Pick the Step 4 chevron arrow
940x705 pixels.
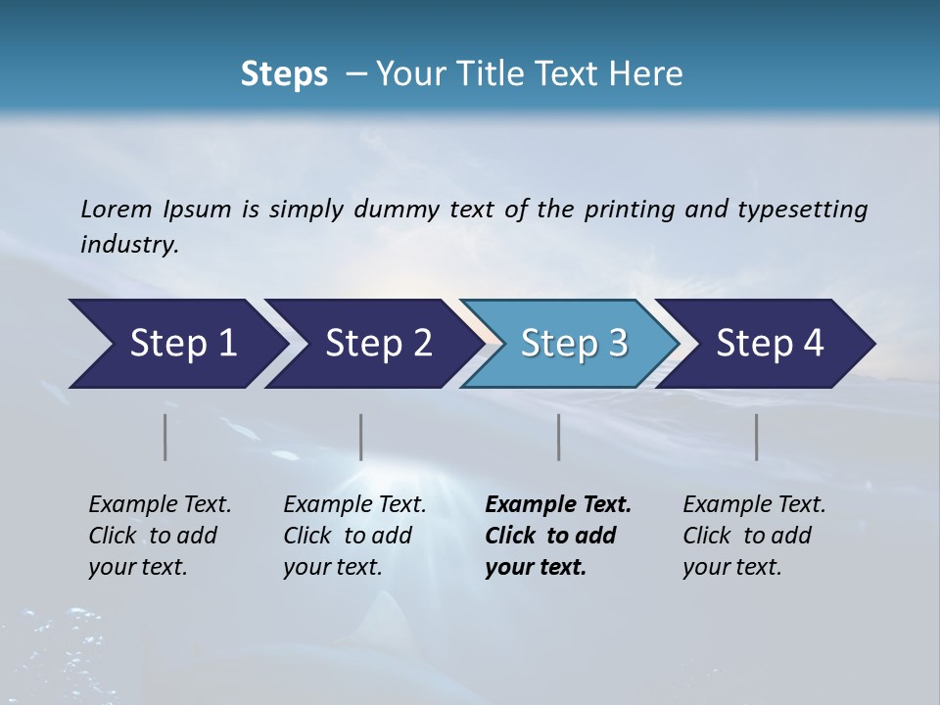[x=768, y=344]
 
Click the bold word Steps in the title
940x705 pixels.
[x=284, y=73]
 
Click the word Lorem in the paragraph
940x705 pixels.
[x=117, y=210]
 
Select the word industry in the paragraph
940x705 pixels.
[x=129, y=245]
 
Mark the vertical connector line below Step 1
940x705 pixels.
[x=165, y=437]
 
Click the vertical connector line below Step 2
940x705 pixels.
[x=361, y=437]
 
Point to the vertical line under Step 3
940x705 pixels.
[x=558, y=437]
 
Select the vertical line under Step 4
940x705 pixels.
[x=756, y=437]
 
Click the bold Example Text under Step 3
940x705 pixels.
[x=558, y=505]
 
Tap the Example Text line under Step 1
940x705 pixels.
[x=160, y=505]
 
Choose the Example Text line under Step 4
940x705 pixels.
[x=754, y=505]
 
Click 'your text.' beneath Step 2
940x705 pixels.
[x=332, y=567]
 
